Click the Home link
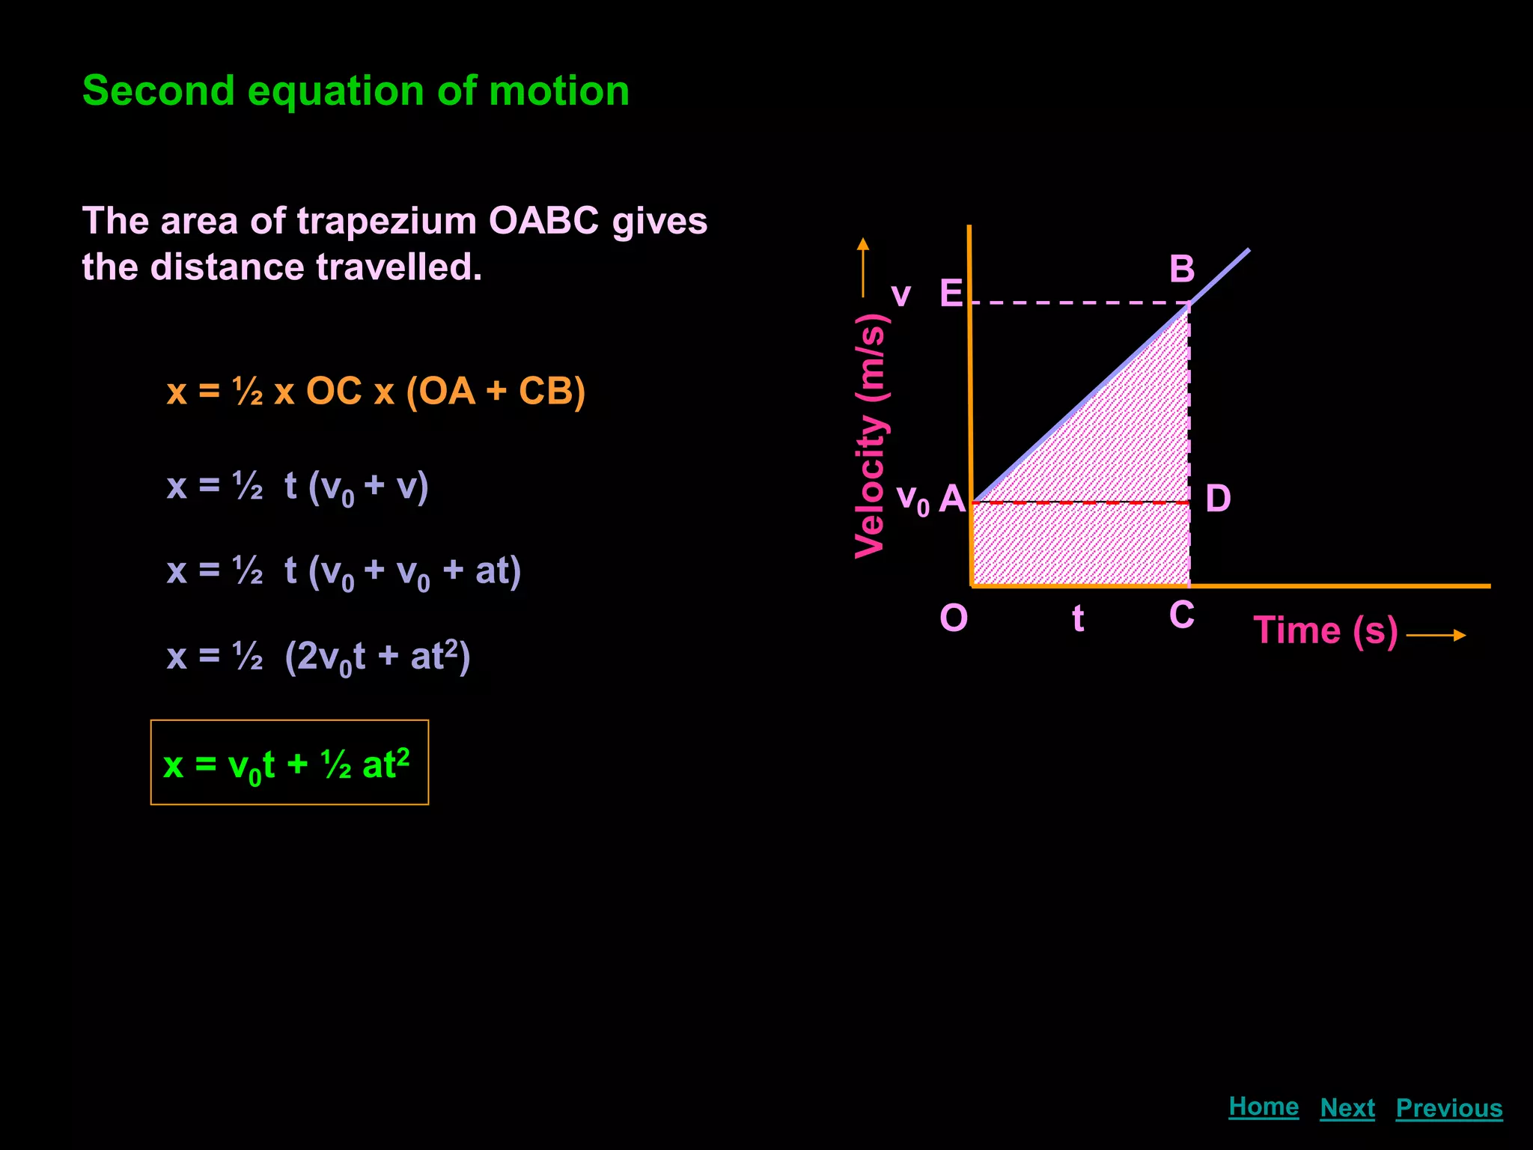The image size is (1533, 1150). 1264,1107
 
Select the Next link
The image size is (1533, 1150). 1347,1108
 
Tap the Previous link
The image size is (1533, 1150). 1449,1108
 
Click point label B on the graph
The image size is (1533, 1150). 1182,270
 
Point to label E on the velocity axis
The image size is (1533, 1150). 951,293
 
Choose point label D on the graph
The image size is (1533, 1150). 1218,499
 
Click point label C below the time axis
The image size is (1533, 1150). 1182,615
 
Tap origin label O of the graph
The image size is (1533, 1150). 954,618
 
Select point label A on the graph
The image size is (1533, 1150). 952,499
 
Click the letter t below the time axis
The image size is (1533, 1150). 1078,618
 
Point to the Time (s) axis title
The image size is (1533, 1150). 1326,630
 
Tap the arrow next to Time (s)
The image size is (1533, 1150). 1436,636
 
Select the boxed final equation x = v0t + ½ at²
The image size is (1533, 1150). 289,763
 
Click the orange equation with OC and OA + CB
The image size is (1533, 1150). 376,392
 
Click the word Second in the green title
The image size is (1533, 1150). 158,91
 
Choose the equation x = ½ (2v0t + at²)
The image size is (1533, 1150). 319,657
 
